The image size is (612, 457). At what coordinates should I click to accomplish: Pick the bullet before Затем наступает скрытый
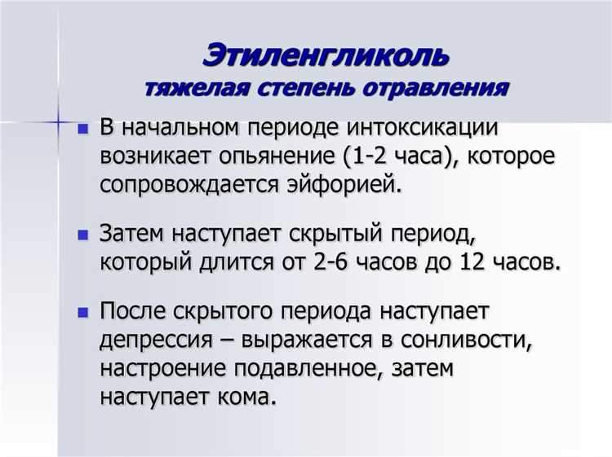tap(82, 235)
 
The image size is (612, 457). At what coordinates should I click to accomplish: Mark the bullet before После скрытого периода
tap(82, 313)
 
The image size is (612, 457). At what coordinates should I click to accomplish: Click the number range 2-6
tap(376, 261)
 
